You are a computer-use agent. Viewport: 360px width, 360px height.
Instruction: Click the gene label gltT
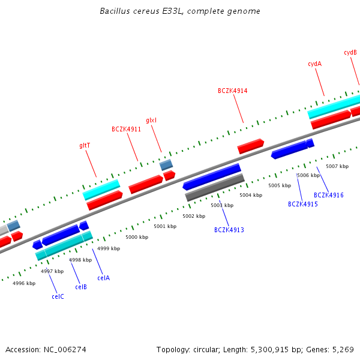pos(85,145)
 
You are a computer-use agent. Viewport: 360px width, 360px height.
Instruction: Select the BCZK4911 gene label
pos(126,129)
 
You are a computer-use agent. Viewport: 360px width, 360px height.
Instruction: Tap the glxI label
pos(151,121)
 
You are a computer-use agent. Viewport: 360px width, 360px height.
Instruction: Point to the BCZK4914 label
pos(232,91)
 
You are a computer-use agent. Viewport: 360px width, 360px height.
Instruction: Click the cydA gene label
pos(314,64)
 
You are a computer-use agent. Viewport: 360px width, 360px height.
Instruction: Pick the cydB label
pos(350,53)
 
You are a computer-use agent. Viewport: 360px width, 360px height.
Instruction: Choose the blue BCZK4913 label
pos(229,230)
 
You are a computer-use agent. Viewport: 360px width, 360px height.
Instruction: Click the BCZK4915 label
pos(303,204)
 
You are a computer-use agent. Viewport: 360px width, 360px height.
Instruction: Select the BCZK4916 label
pos(329,195)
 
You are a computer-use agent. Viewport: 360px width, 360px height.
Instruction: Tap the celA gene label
pos(104,278)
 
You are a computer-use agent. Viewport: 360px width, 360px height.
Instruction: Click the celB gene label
pos(81,287)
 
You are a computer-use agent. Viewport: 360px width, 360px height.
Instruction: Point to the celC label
pos(58,296)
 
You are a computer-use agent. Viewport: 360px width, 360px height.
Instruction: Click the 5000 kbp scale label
pos(137,237)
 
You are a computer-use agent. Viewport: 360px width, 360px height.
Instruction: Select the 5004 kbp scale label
pos(251,195)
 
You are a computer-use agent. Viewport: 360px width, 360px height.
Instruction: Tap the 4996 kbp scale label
pos(24,283)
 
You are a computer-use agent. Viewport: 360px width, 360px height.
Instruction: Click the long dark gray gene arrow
pos(214,187)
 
